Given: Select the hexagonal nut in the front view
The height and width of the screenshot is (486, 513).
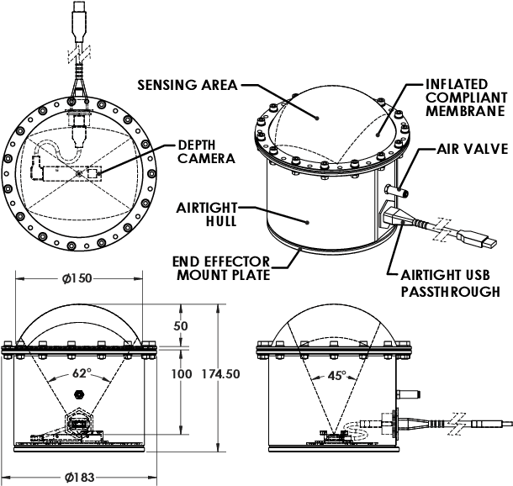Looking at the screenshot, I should tap(78, 394).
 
